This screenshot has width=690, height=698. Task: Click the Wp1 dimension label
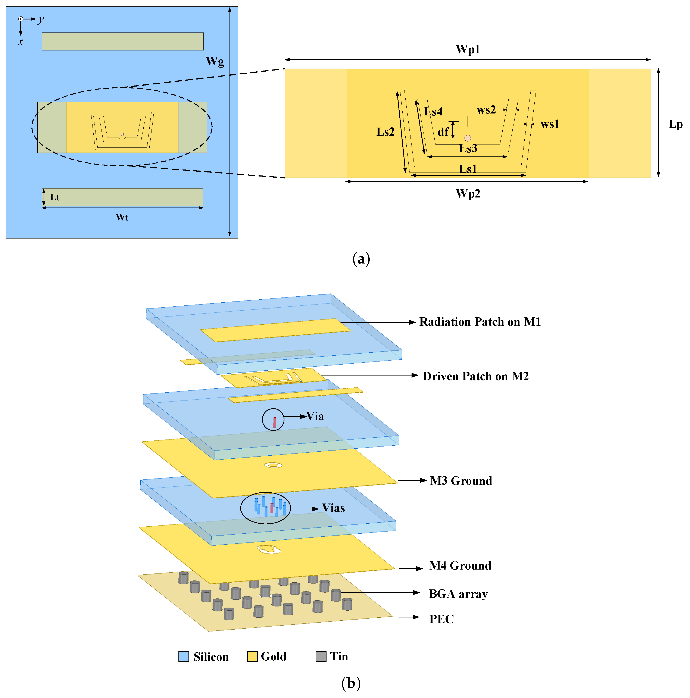(x=468, y=50)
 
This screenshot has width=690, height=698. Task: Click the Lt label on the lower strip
(x=54, y=197)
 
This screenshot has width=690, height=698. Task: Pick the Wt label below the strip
(x=122, y=217)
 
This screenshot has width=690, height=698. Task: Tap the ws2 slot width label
(x=486, y=110)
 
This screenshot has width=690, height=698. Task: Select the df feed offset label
(x=443, y=132)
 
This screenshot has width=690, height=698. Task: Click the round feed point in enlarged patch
(x=468, y=138)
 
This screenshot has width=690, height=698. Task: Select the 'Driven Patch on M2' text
(x=475, y=376)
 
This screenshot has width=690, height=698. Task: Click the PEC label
(x=441, y=619)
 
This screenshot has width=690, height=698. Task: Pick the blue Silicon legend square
(x=184, y=657)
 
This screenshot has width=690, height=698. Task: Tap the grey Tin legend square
(x=321, y=657)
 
